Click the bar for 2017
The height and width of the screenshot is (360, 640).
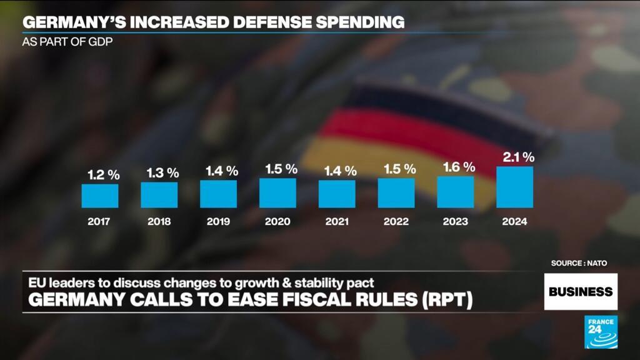pos(100,196)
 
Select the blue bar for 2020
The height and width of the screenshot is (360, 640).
pos(277,193)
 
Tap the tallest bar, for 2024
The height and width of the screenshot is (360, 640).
pos(514,187)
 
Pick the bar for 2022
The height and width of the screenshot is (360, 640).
pos(396,193)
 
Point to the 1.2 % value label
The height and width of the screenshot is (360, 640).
pos(103,176)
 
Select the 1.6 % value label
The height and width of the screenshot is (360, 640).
pos(459,167)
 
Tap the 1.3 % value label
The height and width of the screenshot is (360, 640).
pos(162,173)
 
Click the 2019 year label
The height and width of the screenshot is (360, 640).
pos(218,222)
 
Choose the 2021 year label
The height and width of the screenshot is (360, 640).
pos(337,222)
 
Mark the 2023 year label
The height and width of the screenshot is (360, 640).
pos(456,222)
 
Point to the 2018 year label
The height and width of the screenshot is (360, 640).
pos(159,222)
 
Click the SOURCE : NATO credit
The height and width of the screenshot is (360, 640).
pos(579,263)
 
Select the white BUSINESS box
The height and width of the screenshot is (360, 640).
pos(580,291)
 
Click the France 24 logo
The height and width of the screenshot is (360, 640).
pos(601,332)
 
